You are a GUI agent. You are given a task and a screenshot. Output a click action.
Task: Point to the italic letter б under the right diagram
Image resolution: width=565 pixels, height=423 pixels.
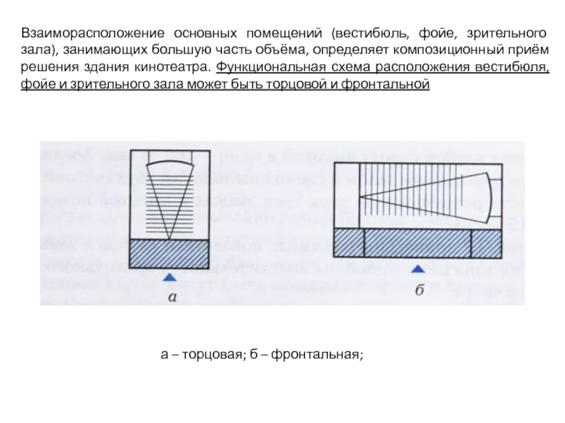tap(419, 290)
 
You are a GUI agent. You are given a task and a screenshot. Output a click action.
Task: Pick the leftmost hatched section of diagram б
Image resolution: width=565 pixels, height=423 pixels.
tap(348, 243)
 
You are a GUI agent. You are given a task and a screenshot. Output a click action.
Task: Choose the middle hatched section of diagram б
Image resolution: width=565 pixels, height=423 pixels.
tap(417, 243)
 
